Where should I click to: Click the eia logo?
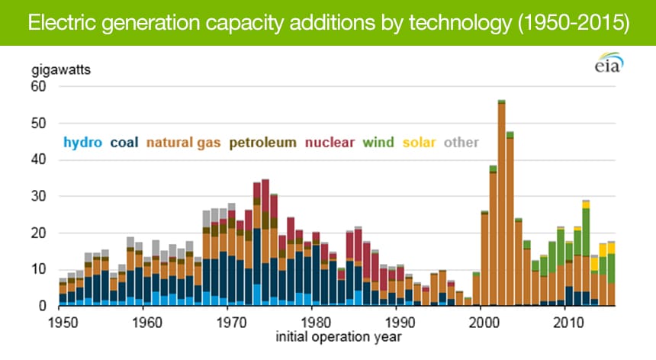coord(609,65)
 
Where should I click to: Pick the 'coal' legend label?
coord(124,142)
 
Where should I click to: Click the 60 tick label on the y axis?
coord(38,87)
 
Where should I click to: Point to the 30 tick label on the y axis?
coord(38,197)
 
